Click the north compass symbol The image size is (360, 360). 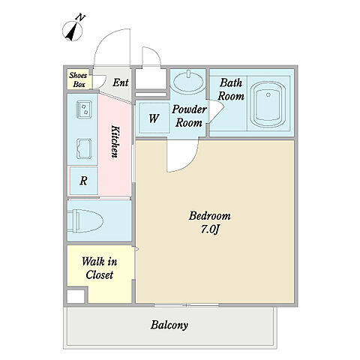(x=72, y=31)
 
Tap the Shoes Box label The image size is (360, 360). (x=79, y=79)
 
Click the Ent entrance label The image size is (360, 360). (x=121, y=82)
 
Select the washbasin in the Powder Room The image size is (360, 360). (x=188, y=81)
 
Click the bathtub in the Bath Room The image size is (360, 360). (x=268, y=104)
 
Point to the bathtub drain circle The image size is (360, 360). (x=268, y=94)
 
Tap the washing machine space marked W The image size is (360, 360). (x=154, y=118)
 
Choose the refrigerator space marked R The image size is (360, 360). (x=83, y=181)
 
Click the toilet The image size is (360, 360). (x=85, y=221)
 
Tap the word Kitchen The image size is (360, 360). (x=115, y=142)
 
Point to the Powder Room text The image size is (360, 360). (x=189, y=116)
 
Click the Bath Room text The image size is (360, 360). (x=231, y=89)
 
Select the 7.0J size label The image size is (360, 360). (x=210, y=229)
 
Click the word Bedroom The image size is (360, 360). (x=209, y=216)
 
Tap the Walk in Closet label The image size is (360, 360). (x=100, y=268)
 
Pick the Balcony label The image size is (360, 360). (x=169, y=325)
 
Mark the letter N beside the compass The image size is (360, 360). (x=81, y=17)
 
